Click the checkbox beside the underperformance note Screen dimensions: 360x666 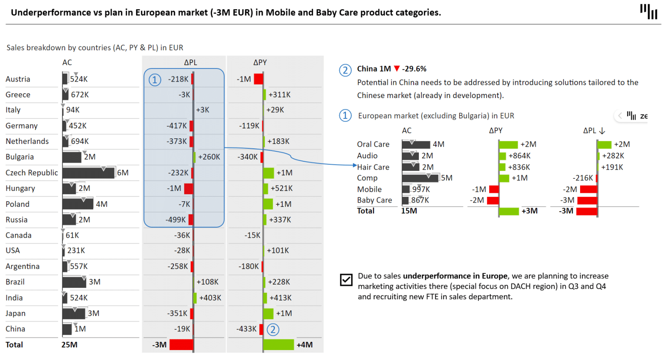[346, 280]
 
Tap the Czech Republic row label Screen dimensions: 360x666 [32, 173]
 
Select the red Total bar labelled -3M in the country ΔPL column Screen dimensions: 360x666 [181, 345]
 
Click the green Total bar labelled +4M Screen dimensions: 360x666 [278, 345]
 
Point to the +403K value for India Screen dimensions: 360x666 [210, 298]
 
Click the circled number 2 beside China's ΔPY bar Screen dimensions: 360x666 [273, 330]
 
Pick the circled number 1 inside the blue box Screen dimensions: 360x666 [155, 80]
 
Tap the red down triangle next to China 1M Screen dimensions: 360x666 [396, 69]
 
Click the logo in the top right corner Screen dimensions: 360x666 [649, 11]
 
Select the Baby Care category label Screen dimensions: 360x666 [374, 200]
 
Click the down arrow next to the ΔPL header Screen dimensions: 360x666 [602, 131]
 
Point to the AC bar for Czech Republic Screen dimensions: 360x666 [88, 173]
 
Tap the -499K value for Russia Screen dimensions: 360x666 [176, 220]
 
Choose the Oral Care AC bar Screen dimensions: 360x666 [416, 144]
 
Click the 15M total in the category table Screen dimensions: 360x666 [409, 211]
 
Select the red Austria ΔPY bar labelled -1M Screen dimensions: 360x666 [258, 79]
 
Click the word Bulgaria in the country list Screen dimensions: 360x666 [20, 157]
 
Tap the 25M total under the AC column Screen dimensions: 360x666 [69, 345]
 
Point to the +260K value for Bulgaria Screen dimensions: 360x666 [209, 157]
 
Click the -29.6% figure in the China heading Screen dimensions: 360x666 [414, 69]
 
